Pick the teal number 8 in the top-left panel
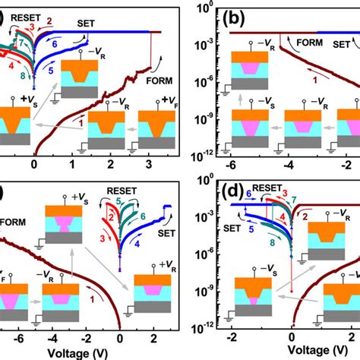tap(26, 75)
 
